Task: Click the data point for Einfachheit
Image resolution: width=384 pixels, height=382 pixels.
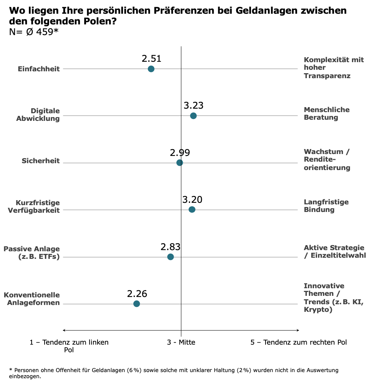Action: point(151,69)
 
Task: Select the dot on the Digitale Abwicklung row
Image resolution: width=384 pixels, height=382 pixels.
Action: point(193,116)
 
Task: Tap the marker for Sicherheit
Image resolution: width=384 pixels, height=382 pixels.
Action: point(180,163)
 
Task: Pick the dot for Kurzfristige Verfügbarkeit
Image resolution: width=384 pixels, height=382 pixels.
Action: point(192,210)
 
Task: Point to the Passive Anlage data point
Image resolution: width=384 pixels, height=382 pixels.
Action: point(170,257)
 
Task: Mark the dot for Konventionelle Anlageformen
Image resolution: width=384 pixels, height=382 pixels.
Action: point(136,304)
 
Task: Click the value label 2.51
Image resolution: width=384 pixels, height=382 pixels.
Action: point(152,59)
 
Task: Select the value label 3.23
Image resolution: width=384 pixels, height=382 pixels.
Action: point(194,106)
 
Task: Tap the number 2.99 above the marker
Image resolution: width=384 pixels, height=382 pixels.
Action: point(180,153)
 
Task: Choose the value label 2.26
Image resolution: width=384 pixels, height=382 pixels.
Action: point(137,294)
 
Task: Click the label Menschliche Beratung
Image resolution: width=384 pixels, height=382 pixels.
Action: point(326,114)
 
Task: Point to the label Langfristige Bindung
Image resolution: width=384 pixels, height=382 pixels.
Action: point(326,206)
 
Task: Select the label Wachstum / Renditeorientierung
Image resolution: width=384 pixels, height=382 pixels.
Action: point(326,160)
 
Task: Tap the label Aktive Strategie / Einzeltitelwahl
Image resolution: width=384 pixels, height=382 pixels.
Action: point(334,252)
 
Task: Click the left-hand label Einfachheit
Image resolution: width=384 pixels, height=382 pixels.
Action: point(39,69)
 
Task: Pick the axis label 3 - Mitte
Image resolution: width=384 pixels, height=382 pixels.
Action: point(181,342)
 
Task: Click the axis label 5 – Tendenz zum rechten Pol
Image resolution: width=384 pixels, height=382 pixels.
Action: point(299,342)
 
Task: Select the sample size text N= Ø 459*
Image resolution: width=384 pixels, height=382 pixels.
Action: point(34,32)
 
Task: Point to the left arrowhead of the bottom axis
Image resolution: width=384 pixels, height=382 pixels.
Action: point(64,330)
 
